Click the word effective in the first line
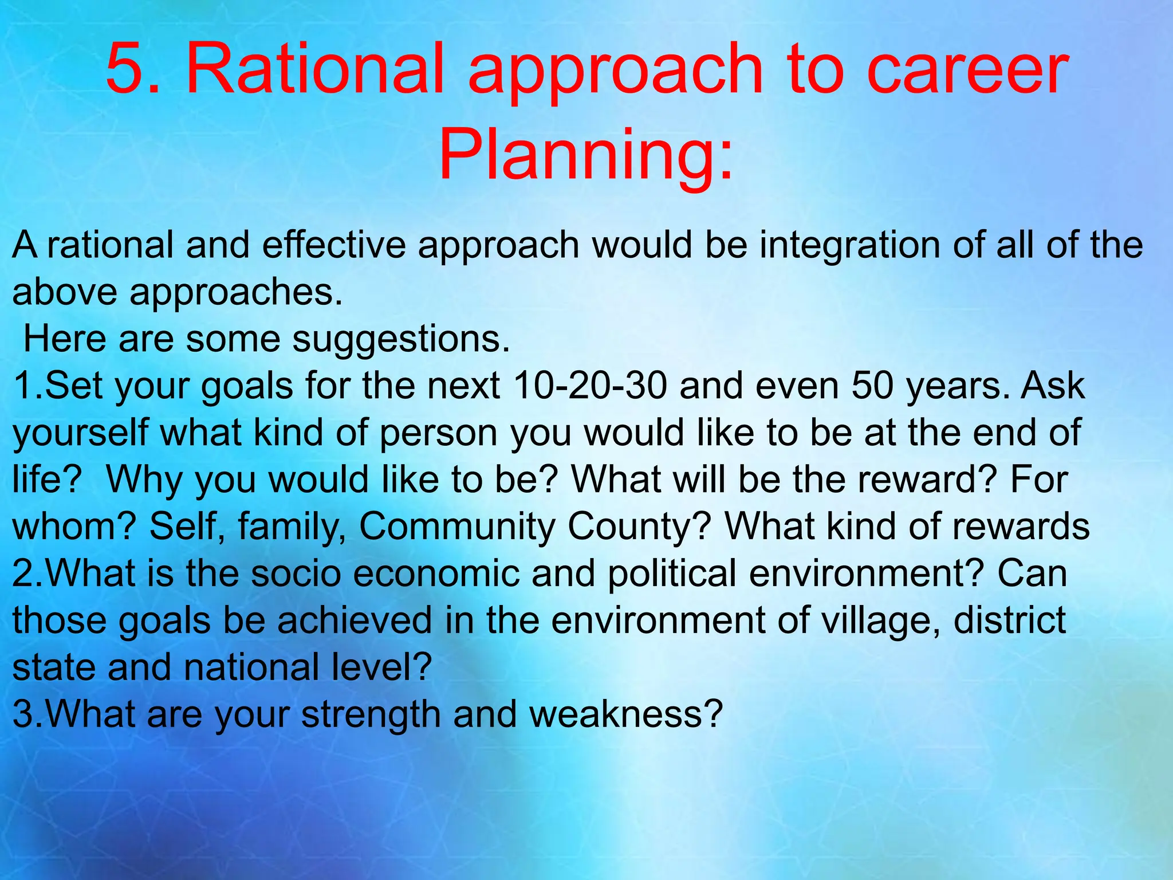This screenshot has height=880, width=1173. [x=334, y=245]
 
